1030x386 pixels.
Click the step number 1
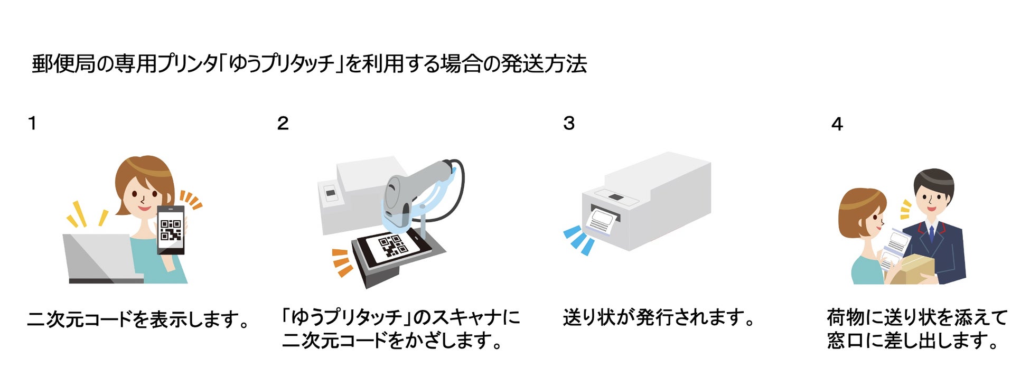tap(33, 124)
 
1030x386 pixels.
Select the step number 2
tap(283, 124)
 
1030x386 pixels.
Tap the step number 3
tap(569, 124)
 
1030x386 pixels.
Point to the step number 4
tap(837, 125)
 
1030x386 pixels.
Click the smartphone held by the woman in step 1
tap(171, 230)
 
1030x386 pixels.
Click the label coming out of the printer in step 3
tap(603, 220)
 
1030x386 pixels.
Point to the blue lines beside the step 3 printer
tap(579, 239)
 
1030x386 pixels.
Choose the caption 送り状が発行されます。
tap(659, 317)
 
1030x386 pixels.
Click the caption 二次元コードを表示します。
tap(138, 319)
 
